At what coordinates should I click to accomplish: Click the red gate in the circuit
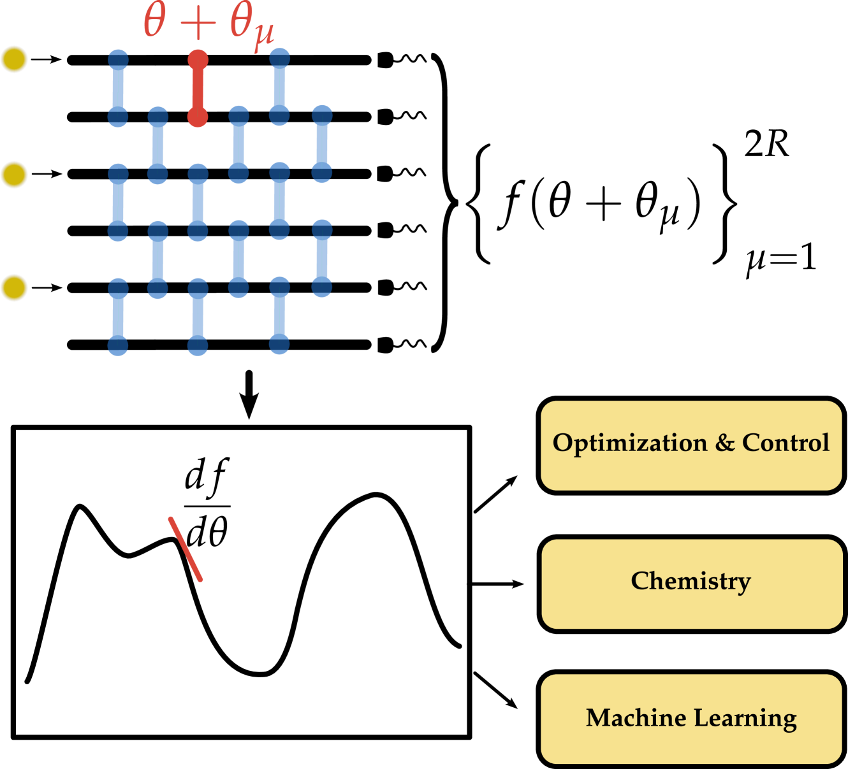tap(198, 89)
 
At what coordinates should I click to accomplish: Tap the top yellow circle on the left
tap(14, 59)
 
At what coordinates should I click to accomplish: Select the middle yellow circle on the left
tap(14, 175)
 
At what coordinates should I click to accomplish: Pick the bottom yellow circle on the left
tap(14, 287)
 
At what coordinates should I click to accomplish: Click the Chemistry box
tap(692, 584)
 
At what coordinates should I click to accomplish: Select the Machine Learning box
tap(691, 719)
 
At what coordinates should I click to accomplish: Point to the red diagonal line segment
tap(186, 549)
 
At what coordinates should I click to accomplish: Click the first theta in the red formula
tap(155, 21)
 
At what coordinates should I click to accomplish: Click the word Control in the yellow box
tap(785, 443)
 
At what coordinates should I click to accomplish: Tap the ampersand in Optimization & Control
tap(724, 443)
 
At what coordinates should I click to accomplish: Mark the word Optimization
tap(630, 443)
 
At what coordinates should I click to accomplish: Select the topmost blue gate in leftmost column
tap(118, 89)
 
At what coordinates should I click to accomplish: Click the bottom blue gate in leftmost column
tap(118, 317)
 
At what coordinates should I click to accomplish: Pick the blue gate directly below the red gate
tap(198, 203)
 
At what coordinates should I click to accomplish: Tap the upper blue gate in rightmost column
tap(322, 145)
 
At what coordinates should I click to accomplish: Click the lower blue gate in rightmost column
tap(322, 258)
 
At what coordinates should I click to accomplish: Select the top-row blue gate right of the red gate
tap(279, 87)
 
